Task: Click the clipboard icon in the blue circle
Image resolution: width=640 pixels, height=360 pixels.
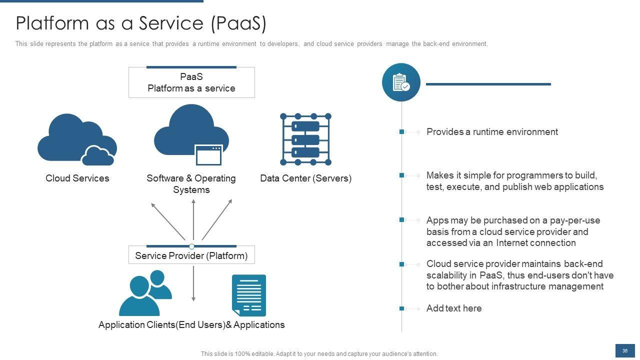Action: click(x=401, y=82)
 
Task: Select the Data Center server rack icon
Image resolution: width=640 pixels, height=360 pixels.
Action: click(x=305, y=139)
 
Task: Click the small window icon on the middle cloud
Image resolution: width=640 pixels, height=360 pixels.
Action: click(x=208, y=155)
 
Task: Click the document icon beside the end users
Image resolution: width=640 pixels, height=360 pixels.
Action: click(x=248, y=295)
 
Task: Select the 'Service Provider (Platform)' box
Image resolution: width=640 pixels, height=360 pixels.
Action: click(x=191, y=255)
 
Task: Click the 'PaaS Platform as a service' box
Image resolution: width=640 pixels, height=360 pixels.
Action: click(x=191, y=82)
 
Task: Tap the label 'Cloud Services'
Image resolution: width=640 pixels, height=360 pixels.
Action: click(x=77, y=178)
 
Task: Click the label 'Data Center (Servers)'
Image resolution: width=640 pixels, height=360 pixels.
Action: click(x=305, y=178)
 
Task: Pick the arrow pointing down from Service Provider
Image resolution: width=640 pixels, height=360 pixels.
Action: click(x=193, y=283)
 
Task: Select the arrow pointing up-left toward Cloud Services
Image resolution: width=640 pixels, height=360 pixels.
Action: click(x=168, y=220)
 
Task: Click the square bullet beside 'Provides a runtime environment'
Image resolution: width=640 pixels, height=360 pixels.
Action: click(x=401, y=132)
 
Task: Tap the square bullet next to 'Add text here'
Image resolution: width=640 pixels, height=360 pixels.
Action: click(x=401, y=308)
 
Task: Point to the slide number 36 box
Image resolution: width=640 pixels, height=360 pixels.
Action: click(x=624, y=351)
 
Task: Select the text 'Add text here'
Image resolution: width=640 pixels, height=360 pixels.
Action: click(x=454, y=308)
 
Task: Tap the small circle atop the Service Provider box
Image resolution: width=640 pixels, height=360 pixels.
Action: click(x=191, y=246)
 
